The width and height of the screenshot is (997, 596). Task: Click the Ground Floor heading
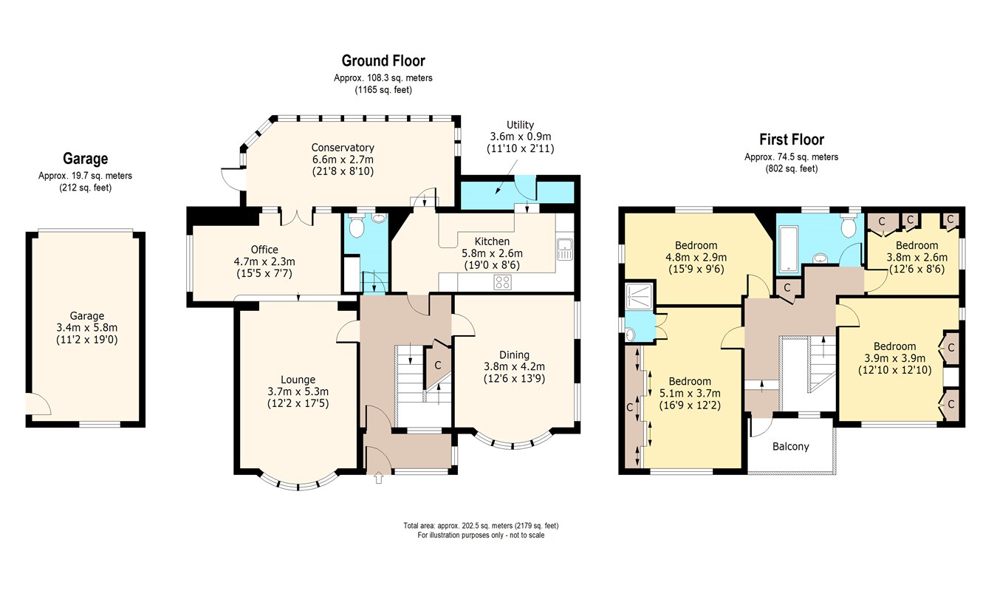(383, 61)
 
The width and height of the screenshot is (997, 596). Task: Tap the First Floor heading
(792, 140)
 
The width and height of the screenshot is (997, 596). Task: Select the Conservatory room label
(343, 147)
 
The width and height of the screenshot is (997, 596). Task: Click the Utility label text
(520, 125)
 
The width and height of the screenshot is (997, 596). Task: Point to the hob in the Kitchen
(502, 282)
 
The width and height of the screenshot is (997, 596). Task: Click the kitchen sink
(565, 250)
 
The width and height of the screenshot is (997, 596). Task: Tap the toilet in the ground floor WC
(356, 226)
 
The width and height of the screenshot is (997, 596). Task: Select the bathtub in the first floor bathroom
(788, 249)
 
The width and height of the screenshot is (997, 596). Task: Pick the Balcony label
(790, 446)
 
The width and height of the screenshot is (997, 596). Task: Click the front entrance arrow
(378, 478)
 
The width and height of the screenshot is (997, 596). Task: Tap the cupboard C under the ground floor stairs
(437, 366)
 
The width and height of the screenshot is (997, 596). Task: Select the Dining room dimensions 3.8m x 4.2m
(514, 367)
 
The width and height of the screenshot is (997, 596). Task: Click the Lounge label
(298, 380)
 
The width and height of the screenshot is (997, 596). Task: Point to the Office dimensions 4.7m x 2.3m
(264, 261)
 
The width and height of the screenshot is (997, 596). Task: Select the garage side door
(38, 404)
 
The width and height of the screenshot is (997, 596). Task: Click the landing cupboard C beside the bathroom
(787, 287)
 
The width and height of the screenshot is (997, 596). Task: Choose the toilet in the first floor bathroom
(849, 226)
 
